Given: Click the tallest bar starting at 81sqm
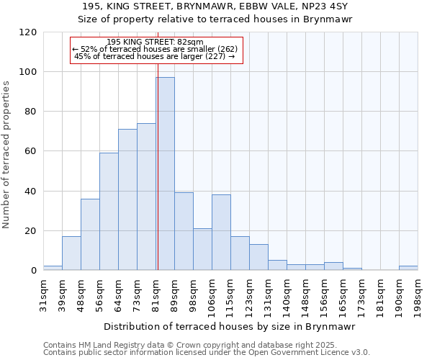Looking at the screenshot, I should click(x=165, y=174).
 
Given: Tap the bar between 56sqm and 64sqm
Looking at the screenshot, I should click(x=109, y=212).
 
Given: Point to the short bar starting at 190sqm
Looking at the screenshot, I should click(x=408, y=268).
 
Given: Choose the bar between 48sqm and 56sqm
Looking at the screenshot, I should click(x=90, y=235).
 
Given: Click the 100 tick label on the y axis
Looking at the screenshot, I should click(x=28, y=72).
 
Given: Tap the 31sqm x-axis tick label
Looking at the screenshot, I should click(x=43, y=294).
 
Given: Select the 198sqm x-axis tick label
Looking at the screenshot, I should click(x=418, y=294).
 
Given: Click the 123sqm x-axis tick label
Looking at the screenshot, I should click(x=249, y=294).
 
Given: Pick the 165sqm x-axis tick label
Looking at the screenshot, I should click(x=343, y=294).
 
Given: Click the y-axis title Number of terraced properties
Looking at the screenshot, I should click(x=7, y=154).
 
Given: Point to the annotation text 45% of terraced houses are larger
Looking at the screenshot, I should click(x=154, y=56).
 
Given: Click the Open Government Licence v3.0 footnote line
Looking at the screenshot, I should click(x=207, y=353).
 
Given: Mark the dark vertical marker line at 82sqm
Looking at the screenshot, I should click(x=157, y=166).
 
